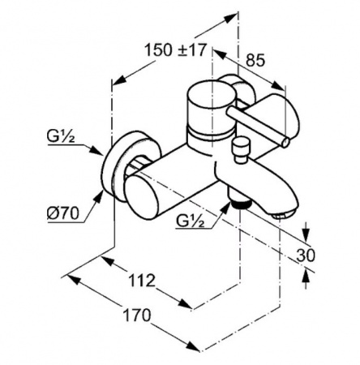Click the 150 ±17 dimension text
tap(176, 50)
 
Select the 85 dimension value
tap(255, 61)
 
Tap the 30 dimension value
tap(306, 255)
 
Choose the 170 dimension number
tap(136, 315)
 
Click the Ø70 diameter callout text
tap(63, 213)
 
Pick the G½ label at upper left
tap(61, 136)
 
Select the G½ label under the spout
tap(191, 221)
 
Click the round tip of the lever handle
tap(285, 143)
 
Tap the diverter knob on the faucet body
tap(242, 150)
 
